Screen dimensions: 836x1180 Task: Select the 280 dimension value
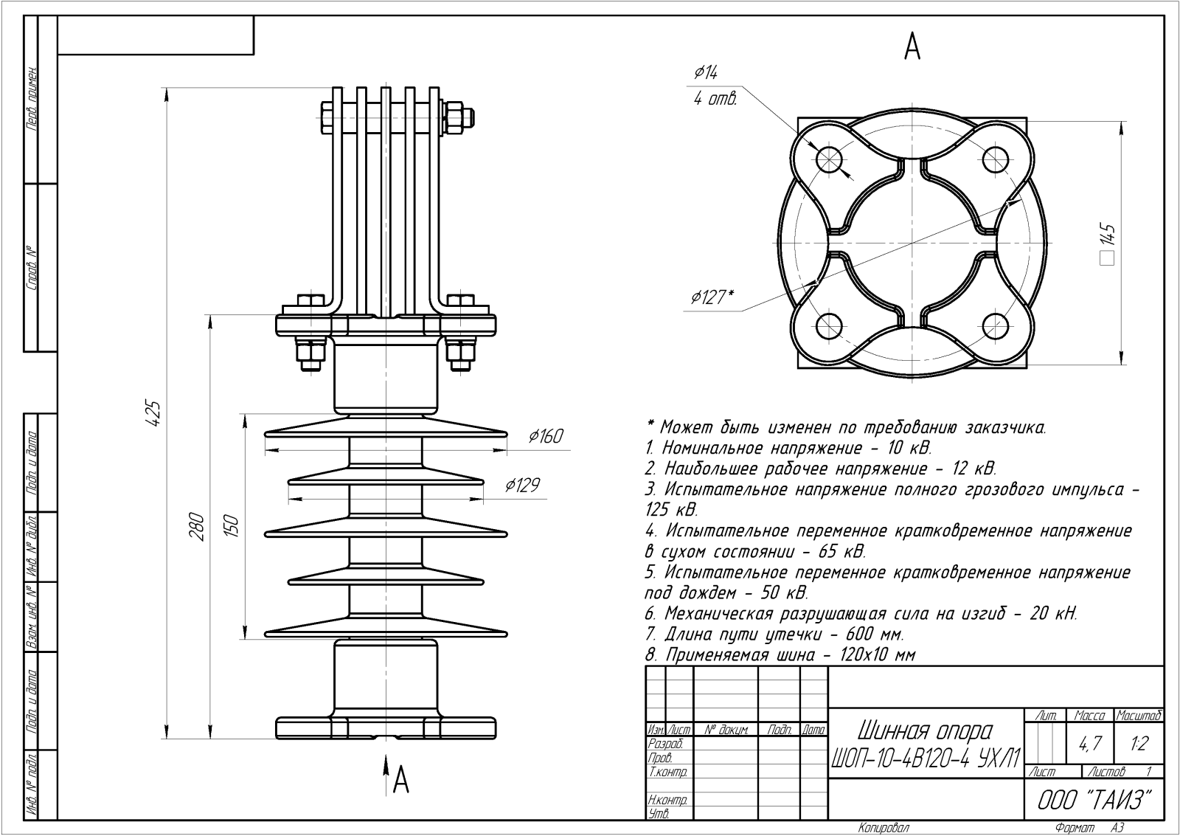coord(196,526)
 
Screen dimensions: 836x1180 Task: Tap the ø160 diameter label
coord(546,437)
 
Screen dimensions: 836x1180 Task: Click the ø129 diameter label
coord(522,485)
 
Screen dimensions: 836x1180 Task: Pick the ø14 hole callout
coord(706,72)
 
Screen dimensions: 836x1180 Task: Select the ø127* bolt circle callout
coord(712,297)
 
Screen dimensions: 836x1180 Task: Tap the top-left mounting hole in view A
coord(829,158)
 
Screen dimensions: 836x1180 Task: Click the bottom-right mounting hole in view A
coord(996,325)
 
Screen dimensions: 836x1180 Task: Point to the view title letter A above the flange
coord(912,46)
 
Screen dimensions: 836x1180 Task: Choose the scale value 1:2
coord(1139,745)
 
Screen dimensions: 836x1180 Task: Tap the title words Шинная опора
coord(925,730)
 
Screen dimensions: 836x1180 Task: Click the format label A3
coord(1117,828)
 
